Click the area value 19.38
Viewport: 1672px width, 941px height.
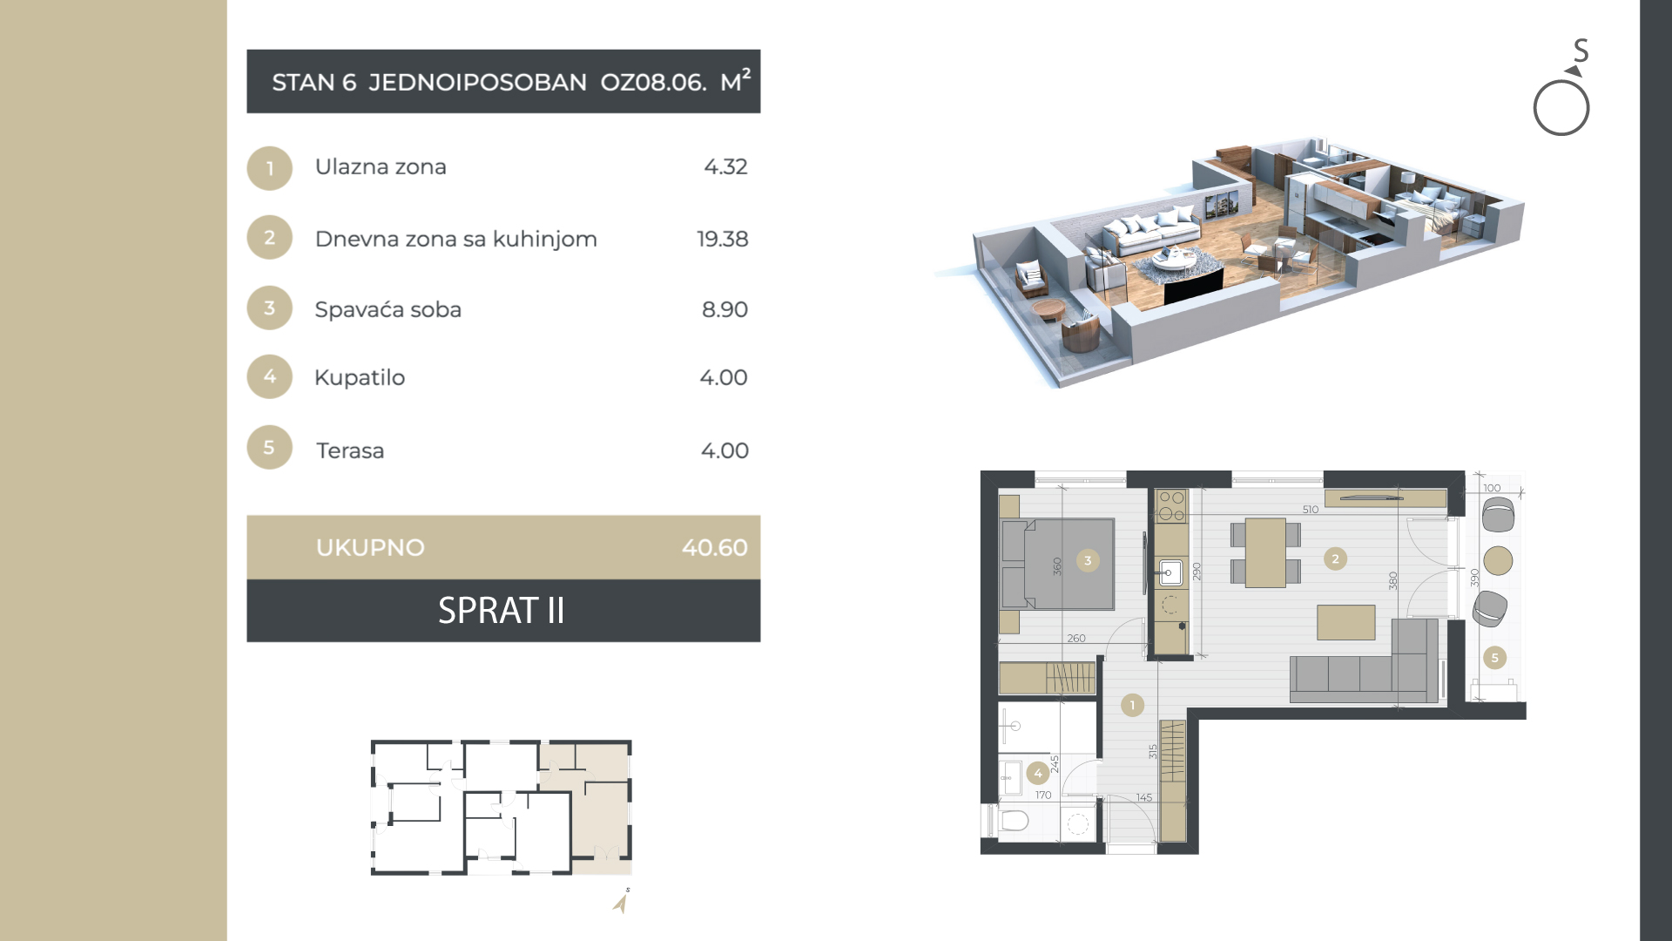(722, 239)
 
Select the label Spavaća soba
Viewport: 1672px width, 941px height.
(388, 309)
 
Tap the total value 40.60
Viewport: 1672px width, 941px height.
(714, 547)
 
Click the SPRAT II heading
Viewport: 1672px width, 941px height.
(502, 611)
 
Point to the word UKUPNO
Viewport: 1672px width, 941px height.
(370, 547)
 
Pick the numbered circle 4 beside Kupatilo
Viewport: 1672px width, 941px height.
(270, 376)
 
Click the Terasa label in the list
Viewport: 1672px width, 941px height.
(350, 450)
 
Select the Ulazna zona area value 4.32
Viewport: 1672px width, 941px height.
(725, 166)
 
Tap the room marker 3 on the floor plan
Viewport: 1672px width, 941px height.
(1088, 560)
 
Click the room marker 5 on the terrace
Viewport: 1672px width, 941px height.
(1494, 658)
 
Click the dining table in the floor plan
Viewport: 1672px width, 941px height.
(1265, 552)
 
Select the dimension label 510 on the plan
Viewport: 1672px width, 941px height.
(1311, 510)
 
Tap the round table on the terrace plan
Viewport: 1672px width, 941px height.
(1498, 560)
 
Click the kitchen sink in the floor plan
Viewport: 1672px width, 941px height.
(1171, 572)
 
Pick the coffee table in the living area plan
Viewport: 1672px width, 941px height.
(1346, 623)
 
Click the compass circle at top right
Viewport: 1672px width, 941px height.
(1561, 108)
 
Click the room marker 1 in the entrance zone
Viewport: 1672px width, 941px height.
(1132, 705)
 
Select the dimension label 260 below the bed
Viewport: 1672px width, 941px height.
(1076, 639)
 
